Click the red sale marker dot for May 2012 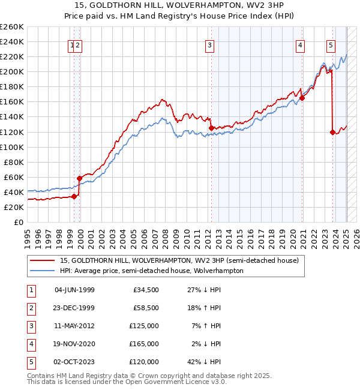211,128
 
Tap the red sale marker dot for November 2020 302,98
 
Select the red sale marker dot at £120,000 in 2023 332,132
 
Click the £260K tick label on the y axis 11,27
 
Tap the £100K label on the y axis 11,147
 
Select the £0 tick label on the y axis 18,222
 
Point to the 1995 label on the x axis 28,236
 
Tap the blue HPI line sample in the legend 42,271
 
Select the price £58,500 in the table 146,308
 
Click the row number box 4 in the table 31,344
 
